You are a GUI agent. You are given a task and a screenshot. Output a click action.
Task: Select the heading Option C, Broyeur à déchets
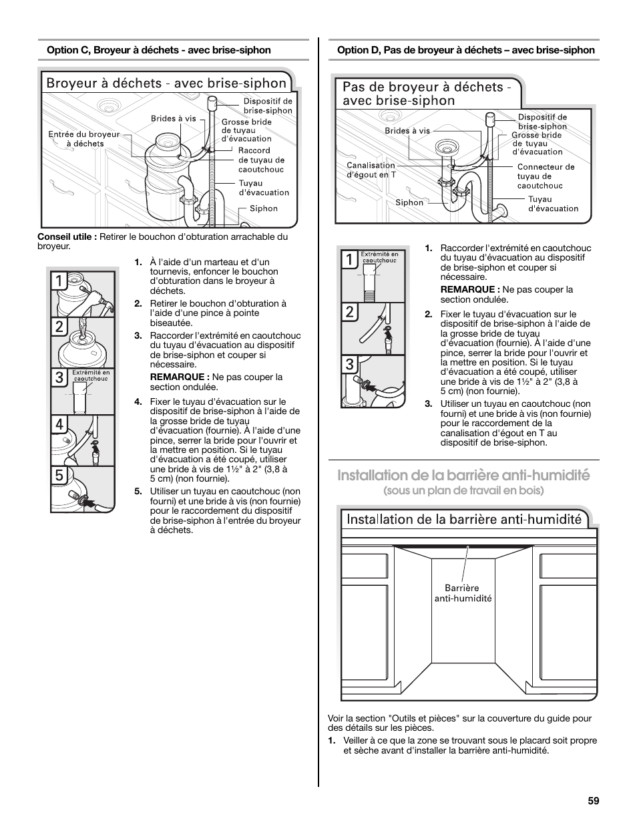158,50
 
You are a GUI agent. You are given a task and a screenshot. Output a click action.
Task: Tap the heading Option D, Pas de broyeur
465,50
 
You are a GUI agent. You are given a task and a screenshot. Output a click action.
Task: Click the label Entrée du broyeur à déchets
84,139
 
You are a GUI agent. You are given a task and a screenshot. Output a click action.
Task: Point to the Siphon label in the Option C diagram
264,208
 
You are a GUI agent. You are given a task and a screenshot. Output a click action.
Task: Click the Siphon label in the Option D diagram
409,202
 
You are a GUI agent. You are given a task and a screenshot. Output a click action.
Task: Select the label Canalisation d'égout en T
371,170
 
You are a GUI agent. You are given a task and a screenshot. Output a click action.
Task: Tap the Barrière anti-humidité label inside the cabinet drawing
463,593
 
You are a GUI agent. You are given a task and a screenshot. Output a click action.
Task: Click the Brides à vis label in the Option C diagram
174,119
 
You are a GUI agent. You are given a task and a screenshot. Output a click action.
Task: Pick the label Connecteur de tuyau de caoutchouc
545,176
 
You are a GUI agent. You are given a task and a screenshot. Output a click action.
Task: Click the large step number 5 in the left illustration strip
60,476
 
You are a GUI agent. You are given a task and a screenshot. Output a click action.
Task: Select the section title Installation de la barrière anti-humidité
463,475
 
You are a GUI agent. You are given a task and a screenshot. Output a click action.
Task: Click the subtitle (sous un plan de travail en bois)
463,490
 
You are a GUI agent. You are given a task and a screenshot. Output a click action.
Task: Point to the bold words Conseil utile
67,237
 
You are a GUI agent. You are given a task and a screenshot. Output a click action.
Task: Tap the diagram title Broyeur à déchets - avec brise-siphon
166,83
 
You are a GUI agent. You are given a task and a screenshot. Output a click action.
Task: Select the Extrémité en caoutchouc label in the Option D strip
379,257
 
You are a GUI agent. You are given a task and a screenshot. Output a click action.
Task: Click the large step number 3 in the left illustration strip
60,378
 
